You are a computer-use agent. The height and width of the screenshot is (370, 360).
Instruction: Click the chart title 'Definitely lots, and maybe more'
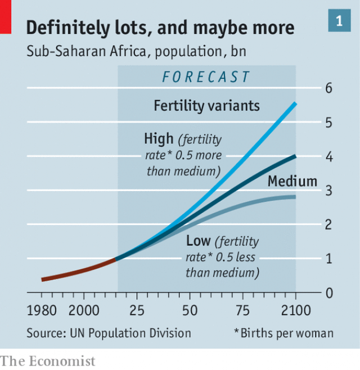[160, 28]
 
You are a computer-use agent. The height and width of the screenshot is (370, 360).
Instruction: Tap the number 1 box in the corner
[339, 21]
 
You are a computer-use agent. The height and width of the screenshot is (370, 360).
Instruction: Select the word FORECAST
[206, 76]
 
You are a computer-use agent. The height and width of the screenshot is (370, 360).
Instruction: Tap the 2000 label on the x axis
[83, 310]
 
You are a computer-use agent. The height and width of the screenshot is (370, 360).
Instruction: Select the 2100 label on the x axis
[296, 310]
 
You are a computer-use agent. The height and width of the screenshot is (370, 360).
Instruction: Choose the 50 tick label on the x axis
[190, 310]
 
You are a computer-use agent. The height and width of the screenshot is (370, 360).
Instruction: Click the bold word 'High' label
[159, 139]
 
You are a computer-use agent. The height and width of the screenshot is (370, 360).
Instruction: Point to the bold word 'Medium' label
[292, 182]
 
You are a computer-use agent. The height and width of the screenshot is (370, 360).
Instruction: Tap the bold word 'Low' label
[198, 242]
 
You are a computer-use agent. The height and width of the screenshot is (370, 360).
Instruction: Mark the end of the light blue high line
[295, 104]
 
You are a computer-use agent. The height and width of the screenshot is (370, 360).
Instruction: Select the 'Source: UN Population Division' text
[109, 333]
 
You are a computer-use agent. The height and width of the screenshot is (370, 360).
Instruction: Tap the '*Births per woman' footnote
[283, 333]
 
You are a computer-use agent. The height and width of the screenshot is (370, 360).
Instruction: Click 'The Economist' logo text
[48, 360]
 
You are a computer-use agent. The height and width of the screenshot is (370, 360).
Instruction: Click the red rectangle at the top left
[6, 16]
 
